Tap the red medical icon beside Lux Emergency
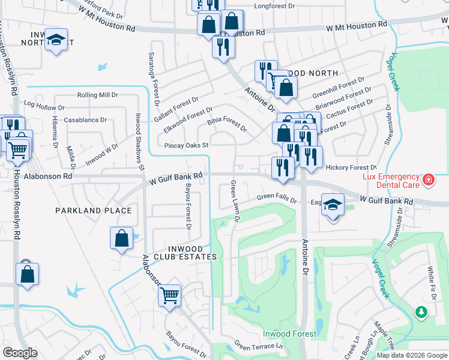pyautogui.click(x=429, y=179)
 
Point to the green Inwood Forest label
pyautogui.click(x=289, y=334)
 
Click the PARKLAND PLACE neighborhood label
pyautogui.click(x=93, y=211)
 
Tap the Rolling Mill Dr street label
pyautogui.click(x=97, y=95)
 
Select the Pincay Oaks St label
pyautogui.click(x=185, y=145)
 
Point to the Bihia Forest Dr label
pyautogui.click(x=227, y=124)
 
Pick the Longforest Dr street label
pyautogui.click(x=275, y=6)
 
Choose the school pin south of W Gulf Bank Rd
pyautogui.click(x=333, y=204)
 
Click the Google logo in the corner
pyautogui.click(x=20, y=353)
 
